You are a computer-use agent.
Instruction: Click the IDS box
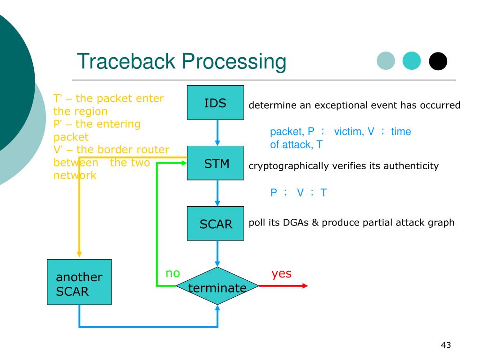tap(216, 103)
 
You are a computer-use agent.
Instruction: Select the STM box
tap(216, 163)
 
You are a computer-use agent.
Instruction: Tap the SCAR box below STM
tap(216, 224)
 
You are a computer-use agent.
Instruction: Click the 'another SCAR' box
tap(79, 282)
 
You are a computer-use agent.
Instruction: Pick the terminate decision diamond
tap(217, 285)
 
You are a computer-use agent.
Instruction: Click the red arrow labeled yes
tap(283, 286)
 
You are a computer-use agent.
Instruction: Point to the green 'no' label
tap(172, 273)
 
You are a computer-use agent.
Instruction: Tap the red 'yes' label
tap(281, 274)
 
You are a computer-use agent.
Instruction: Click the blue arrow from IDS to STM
tap(217, 133)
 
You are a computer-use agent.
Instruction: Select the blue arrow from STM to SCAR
tap(217, 193)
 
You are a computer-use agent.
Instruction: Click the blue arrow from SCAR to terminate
tap(217, 254)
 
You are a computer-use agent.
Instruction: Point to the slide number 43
tap(446, 345)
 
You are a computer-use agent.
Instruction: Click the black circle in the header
tap(438, 61)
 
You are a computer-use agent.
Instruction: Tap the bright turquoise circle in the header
tap(412, 60)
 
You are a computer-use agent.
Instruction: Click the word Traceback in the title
tap(126, 61)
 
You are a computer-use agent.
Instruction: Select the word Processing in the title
tap(234, 62)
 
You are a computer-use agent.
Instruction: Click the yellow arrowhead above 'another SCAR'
tap(79, 255)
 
